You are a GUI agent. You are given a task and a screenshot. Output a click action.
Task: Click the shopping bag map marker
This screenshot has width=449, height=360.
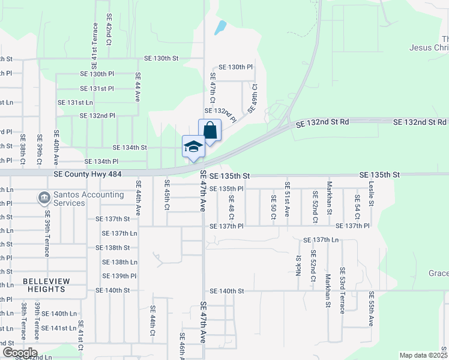pos(209,130)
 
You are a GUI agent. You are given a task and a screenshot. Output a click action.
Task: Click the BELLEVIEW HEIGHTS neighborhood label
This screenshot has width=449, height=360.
pos(46,285)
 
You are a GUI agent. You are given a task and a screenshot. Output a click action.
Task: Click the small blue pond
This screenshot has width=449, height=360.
pos(221,27)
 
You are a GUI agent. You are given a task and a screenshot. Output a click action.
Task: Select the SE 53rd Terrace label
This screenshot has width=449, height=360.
pos(343,290)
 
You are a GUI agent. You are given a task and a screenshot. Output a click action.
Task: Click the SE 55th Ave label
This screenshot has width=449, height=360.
pos(371,309)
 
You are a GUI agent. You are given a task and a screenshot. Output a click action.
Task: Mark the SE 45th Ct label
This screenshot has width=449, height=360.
pos(167,196)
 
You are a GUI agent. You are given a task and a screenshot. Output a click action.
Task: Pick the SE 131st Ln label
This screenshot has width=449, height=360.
pos(76,103)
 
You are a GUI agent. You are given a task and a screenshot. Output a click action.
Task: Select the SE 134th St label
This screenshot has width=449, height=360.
pos(130,148)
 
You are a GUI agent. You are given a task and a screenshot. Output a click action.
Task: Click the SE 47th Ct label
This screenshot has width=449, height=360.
pos(212,88)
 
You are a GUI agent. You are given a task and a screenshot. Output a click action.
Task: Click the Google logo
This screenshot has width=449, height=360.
pos(19,352)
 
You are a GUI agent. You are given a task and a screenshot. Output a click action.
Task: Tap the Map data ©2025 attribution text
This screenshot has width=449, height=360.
pos(423,355)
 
